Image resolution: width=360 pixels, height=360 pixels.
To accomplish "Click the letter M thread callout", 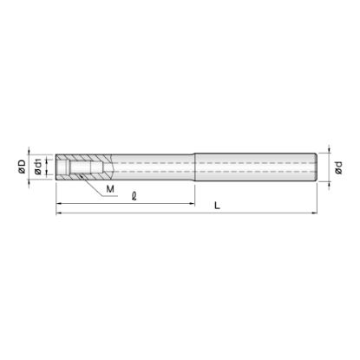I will click(x=110, y=189).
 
